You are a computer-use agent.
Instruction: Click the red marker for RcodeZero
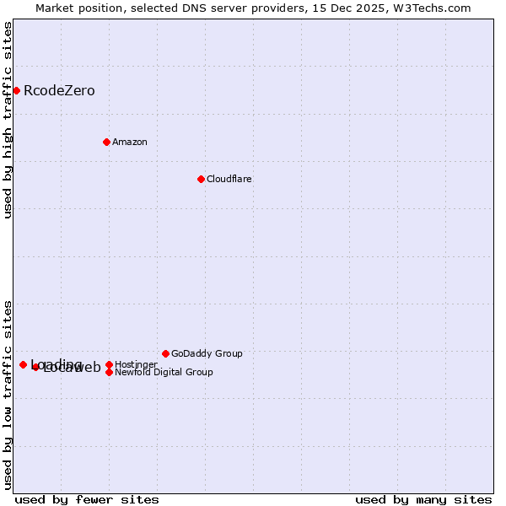16,90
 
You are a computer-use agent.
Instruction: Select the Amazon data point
106,142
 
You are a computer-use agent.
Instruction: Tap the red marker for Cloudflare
201,179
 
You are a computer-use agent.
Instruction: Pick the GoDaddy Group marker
165,353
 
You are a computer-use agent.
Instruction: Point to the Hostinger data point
109,364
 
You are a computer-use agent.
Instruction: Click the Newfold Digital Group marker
109,372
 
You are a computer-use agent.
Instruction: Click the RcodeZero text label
59,91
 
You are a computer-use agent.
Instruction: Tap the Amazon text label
130,143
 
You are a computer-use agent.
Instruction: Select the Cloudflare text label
229,180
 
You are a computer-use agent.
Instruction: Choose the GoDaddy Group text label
207,354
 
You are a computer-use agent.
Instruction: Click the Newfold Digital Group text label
164,373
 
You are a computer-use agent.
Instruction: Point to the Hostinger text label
136,364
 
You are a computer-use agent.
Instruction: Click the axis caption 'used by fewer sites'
87,499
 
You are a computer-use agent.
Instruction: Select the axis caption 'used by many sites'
423,499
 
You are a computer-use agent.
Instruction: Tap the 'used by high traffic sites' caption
8,120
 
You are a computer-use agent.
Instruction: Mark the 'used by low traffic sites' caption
8,394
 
